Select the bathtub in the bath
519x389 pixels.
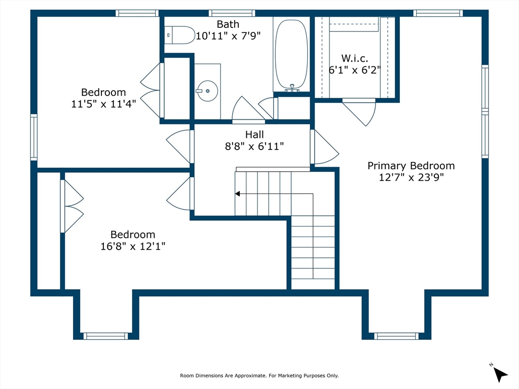point(291,54)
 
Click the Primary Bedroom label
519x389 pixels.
point(411,166)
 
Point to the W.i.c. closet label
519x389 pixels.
point(354,59)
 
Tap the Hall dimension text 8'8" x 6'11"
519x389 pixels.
point(254,146)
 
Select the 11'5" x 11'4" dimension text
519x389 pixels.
point(103,104)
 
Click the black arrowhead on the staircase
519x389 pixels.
point(237,194)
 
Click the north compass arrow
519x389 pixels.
point(500,375)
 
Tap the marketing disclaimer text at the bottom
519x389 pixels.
point(259,375)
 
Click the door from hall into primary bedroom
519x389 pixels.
point(324,147)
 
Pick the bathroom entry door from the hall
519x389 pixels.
point(248,109)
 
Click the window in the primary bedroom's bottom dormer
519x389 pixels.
point(396,336)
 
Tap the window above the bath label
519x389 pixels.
point(232,13)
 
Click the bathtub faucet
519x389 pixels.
point(292,88)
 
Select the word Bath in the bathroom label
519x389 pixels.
point(228,24)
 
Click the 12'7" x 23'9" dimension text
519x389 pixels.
point(411,178)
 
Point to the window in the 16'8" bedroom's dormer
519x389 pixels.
point(105,336)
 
